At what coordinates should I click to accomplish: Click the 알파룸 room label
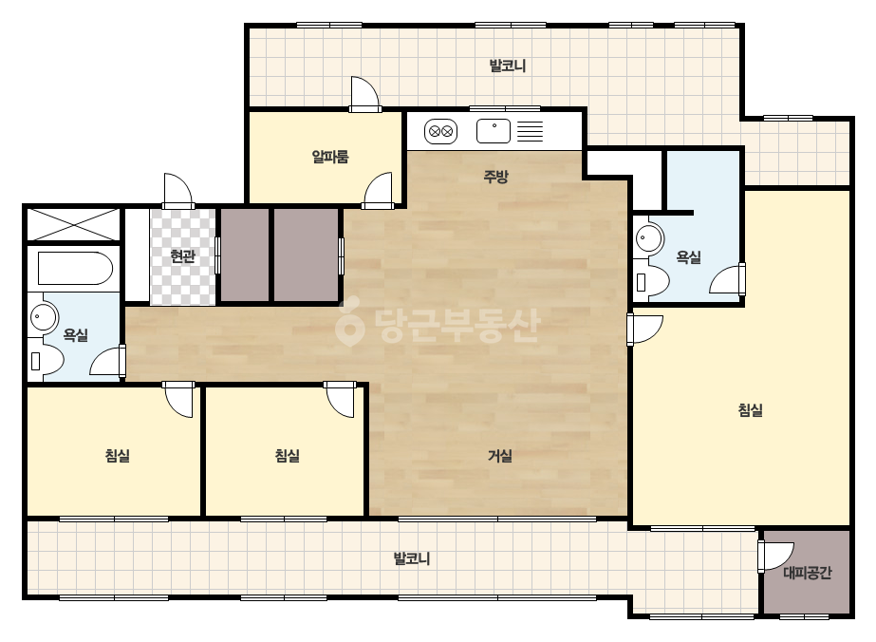point(330,157)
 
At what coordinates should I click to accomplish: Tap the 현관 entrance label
point(182,256)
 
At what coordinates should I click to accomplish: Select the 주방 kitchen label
point(495,177)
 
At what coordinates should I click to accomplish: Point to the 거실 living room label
point(500,456)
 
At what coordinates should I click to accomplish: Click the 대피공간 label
point(808,573)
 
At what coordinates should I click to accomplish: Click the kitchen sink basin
point(494,131)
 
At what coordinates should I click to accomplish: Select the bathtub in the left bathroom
point(75,269)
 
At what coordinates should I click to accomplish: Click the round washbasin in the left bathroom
point(45,318)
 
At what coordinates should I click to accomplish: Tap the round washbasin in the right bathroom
point(648,238)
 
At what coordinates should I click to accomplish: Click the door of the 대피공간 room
point(774,557)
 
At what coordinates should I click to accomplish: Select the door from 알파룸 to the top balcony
point(364,93)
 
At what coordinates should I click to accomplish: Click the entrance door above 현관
point(177,190)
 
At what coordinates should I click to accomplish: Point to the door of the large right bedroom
point(644,330)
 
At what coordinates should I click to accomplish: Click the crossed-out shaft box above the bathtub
point(74,225)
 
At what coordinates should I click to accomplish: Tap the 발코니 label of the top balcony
point(507,66)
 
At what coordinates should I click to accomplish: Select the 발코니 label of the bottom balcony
point(411,558)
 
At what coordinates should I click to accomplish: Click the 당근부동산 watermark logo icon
point(349,323)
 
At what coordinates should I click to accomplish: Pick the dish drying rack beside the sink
point(530,131)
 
